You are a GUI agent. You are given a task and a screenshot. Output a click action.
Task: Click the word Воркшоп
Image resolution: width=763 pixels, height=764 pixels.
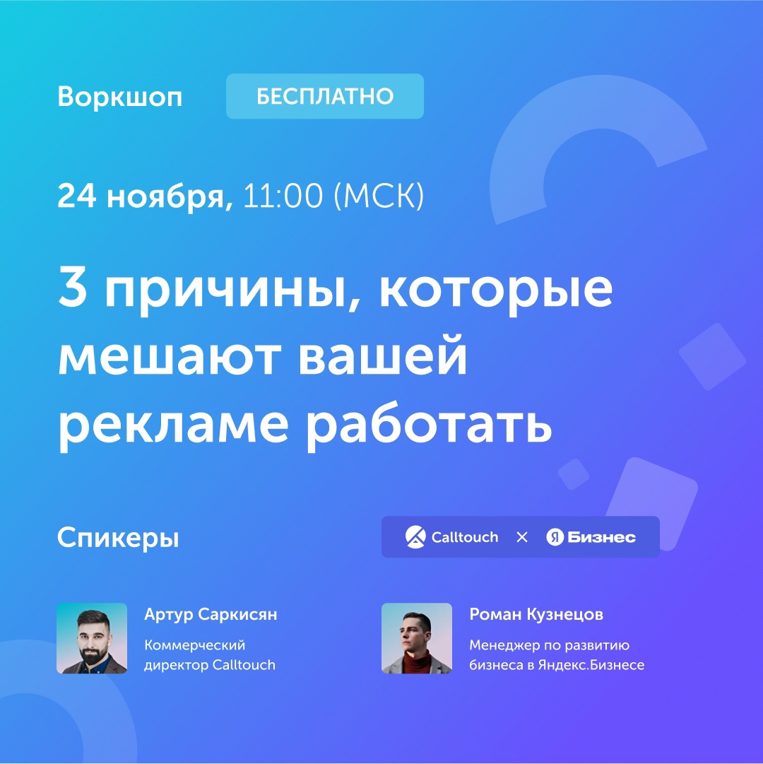click(120, 97)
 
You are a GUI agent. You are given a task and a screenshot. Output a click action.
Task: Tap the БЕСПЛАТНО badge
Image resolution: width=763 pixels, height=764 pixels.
click(325, 96)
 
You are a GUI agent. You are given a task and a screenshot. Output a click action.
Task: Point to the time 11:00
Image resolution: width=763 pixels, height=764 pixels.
click(283, 195)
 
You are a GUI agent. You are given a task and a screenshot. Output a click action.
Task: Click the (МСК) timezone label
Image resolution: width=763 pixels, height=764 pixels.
click(379, 196)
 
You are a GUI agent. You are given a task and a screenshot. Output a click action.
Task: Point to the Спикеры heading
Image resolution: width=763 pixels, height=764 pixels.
click(118, 539)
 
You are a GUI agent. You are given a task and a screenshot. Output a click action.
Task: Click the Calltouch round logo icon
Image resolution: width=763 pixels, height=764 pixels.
click(415, 537)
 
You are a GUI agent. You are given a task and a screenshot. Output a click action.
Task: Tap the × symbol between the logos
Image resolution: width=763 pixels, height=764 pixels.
click(522, 537)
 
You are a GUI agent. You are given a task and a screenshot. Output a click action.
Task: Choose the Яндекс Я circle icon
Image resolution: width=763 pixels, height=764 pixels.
click(555, 537)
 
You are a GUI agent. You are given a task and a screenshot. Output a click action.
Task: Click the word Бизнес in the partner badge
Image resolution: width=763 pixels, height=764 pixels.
click(602, 537)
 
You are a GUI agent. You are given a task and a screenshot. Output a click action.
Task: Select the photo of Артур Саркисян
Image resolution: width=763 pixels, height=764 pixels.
click(92, 638)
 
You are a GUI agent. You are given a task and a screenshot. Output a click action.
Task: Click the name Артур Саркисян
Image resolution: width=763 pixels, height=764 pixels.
click(211, 614)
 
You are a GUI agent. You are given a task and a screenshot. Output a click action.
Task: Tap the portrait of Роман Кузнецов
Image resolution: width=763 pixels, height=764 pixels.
click(417, 638)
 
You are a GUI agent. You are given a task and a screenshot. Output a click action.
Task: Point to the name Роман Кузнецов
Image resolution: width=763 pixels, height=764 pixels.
click(536, 614)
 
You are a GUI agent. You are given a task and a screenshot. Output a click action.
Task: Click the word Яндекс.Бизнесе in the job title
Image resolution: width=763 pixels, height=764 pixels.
click(591, 664)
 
